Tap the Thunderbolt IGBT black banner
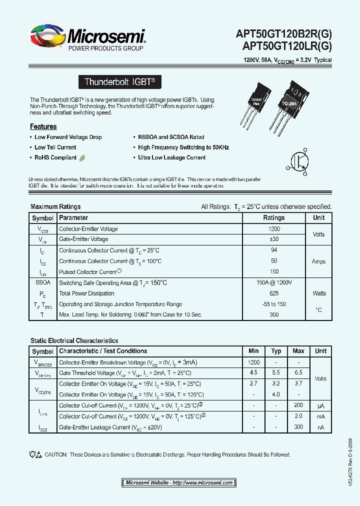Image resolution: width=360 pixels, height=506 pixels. point(120,82)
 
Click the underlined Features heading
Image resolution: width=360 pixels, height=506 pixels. point(43,126)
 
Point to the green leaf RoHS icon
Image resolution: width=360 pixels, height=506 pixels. point(82,157)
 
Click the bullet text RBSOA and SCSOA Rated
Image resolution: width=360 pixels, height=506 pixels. point(171,137)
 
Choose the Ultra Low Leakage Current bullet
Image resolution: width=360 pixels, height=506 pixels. point(171,157)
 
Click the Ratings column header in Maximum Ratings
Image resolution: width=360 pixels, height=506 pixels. point(273,218)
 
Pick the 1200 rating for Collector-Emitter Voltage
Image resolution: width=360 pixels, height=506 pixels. point(273,229)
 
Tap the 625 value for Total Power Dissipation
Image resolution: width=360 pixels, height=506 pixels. point(273,293)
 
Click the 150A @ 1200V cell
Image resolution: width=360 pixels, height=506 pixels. point(273,282)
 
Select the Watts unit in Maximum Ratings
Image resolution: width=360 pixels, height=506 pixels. point(318,293)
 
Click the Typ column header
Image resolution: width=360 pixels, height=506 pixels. point(276,351)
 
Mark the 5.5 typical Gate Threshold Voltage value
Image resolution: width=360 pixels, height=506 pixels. point(276,373)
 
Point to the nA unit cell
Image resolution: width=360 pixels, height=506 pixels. point(320,427)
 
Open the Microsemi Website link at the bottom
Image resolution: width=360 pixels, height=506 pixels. point(179,482)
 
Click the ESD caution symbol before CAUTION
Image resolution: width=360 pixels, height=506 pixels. point(35,454)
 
